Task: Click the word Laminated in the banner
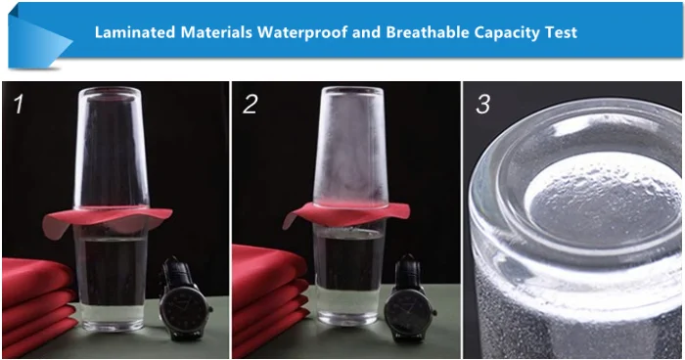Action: (x=135, y=32)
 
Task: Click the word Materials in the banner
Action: (x=216, y=32)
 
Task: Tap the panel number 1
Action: (x=19, y=105)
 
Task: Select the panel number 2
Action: (x=250, y=105)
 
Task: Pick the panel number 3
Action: (x=482, y=105)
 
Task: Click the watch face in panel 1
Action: (x=184, y=311)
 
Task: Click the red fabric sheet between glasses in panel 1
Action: (x=107, y=219)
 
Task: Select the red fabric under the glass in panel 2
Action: (x=346, y=212)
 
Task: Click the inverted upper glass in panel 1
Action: (x=111, y=148)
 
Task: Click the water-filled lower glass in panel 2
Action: (x=348, y=274)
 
